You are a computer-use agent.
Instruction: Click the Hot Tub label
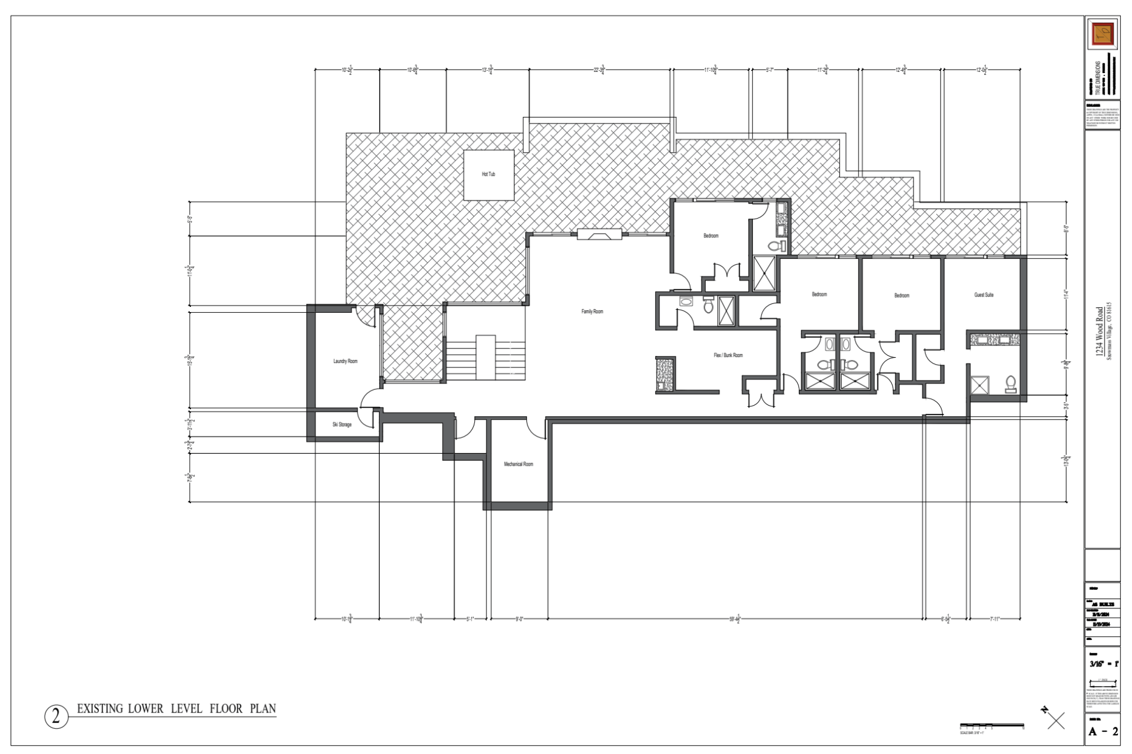[x=488, y=174]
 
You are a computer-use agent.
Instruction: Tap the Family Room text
[x=592, y=312]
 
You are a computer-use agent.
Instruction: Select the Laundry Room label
[x=345, y=361]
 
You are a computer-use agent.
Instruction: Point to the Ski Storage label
[x=342, y=424]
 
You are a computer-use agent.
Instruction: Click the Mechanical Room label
[x=518, y=464]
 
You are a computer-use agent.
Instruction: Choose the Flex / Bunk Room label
[x=728, y=355]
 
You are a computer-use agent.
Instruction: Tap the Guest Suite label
[x=984, y=295]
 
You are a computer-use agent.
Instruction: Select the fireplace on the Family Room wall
[x=599, y=234]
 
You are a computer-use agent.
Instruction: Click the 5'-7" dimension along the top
[x=769, y=70]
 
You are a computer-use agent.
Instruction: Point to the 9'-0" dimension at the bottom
[x=519, y=618]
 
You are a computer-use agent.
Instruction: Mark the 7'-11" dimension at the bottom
[x=995, y=618]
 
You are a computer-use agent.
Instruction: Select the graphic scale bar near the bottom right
[x=991, y=726]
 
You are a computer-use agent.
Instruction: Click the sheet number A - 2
[x=1103, y=732]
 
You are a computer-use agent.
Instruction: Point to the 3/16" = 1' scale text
[x=1103, y=664]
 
